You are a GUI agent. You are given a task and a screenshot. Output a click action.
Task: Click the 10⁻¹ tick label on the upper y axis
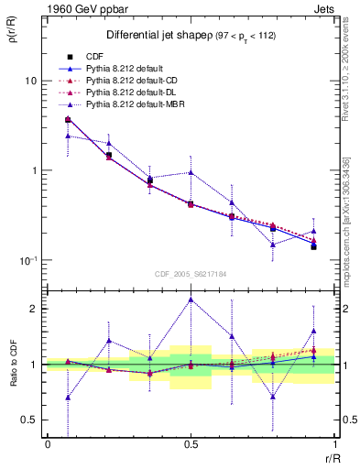click(27, 260)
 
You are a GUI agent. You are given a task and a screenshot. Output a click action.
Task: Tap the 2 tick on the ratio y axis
click(33, 309)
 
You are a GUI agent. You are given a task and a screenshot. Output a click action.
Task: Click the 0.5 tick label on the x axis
click(191, 443)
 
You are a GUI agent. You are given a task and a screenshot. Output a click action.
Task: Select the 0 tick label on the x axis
click(48, 443)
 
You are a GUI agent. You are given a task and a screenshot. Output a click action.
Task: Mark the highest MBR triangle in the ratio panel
click(191, 300)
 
